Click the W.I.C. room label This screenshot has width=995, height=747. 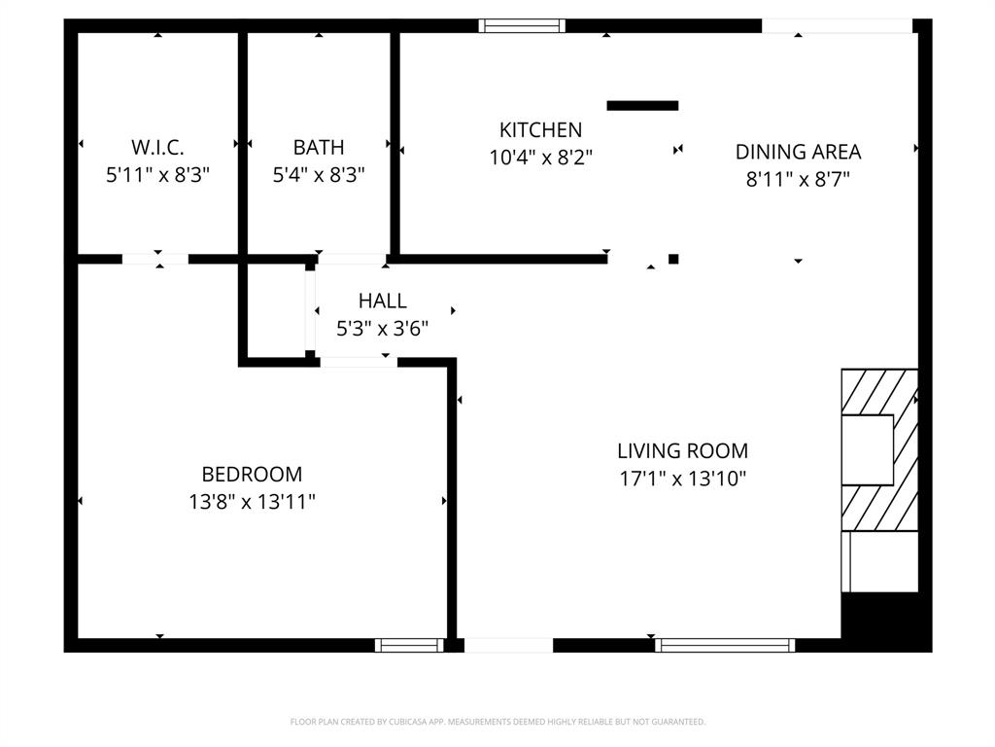157,148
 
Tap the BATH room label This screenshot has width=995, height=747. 319,148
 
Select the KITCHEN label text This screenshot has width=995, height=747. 540,129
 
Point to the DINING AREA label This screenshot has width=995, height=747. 798,152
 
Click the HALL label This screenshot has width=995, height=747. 382,302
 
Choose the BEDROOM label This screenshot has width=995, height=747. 252,475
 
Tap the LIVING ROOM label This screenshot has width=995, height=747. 682,451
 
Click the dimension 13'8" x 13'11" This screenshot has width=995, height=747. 252,502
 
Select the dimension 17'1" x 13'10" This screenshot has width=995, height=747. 682,479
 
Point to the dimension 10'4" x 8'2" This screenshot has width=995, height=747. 540,157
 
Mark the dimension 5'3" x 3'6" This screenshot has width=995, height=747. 382,329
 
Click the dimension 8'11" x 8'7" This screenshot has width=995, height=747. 798,179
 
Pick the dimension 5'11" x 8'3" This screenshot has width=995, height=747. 157,175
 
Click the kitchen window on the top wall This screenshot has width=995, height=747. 522,26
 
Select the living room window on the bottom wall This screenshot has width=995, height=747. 725,645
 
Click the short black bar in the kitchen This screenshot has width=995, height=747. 642,105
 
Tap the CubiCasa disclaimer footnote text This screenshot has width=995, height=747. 497,722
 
